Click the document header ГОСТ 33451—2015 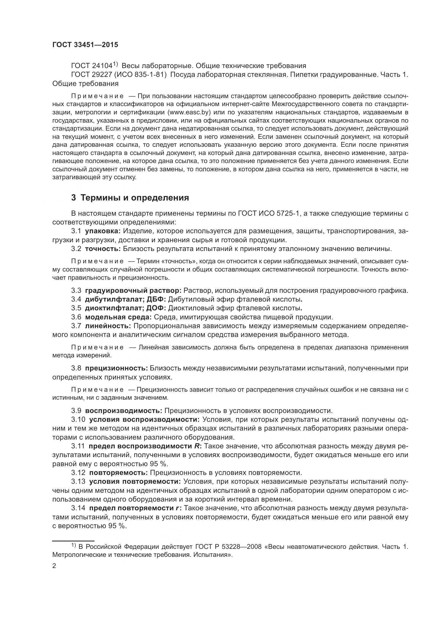click(85, 45)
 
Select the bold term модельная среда click(118, 317)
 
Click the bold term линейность click(108, 326)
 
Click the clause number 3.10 click(78, 420)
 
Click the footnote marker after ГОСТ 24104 click(115, 64)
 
